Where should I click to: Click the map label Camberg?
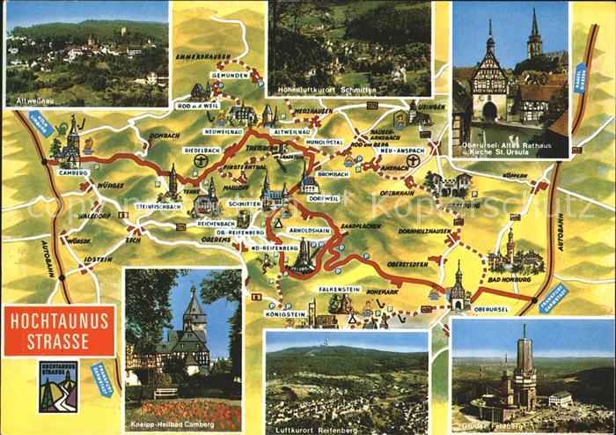(x=75, y=173)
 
